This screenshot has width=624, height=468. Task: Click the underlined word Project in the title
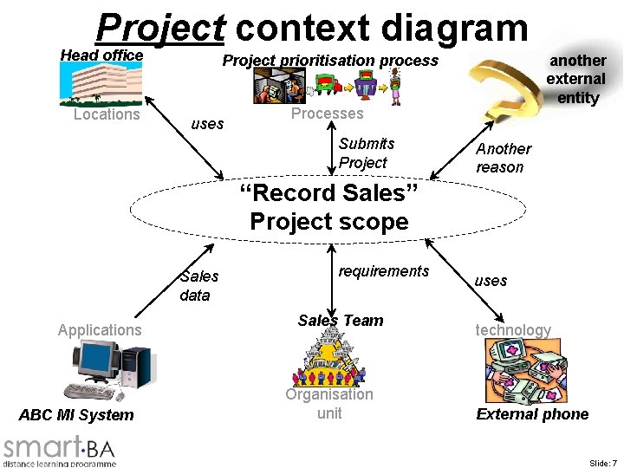(160, 27)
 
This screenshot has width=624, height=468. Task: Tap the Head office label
(101, 55)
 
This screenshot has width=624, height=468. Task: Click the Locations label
(107, 114)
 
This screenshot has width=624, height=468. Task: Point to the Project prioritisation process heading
(330, 61)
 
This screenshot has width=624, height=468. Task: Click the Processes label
(327, 114)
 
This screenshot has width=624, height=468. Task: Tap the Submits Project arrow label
(366, 153)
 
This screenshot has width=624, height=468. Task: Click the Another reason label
(503, 158)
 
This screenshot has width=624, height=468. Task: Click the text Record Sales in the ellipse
(328, 192)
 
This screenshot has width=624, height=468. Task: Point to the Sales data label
(198, 285)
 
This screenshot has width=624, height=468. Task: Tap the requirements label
(383, 271)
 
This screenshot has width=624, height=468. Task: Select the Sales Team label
(341, 321)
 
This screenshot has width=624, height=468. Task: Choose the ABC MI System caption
(76, 415)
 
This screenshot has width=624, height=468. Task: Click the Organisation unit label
(329, 404)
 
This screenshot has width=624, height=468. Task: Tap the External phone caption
(532, 414)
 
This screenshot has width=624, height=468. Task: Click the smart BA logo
(59, 450)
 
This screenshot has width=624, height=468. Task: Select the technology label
(512, 329)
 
